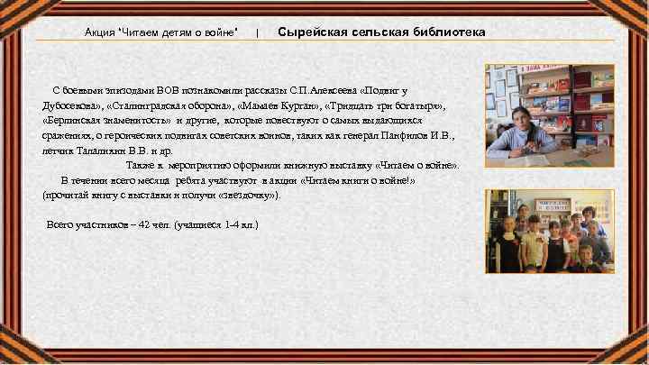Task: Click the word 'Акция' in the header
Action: pos(100,32)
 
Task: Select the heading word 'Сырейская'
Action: pos(315,32)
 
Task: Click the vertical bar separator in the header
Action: pos(258,32)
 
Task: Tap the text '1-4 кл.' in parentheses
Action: pos(238,224)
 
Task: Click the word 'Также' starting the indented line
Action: pos(140,165)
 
